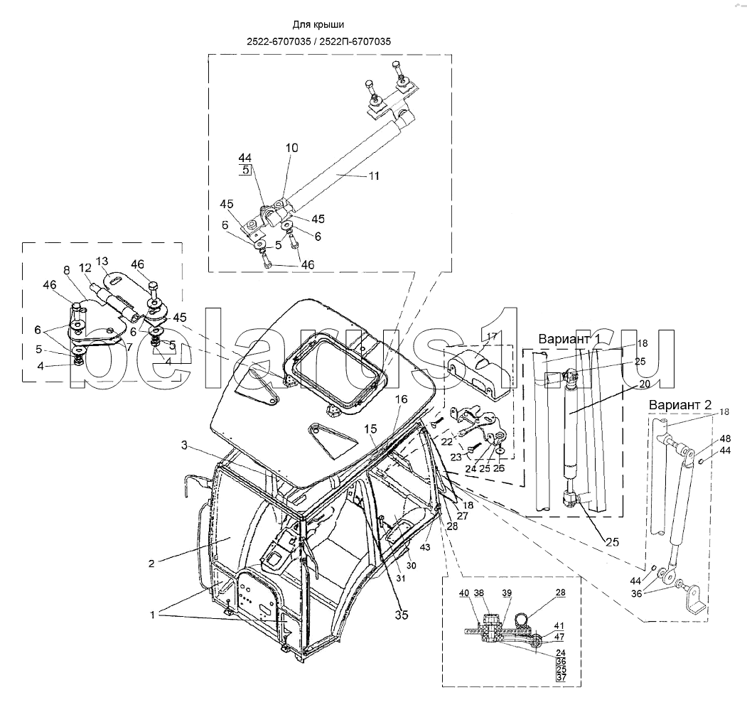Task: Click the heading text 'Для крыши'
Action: coord(318,25)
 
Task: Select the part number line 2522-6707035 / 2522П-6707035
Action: coord(318,41)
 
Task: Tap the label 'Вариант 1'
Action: coord(569,339)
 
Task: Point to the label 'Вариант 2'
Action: coord(679,405)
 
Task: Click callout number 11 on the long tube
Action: coord(374,176)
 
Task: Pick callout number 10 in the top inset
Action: coord(291,148)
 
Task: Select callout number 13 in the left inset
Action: coord(102,261)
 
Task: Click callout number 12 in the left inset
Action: coord(85,268)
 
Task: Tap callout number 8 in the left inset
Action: coord(67,270)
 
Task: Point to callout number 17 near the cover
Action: coord(492,336)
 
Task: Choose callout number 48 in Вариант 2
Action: coord(724,438)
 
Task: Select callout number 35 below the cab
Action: coord(402,615)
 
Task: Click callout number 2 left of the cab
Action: coord(151,564)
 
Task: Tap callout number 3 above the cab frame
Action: coord(184,446)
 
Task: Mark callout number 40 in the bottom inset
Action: coord(464,593)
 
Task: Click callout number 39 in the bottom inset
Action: coord(507,593)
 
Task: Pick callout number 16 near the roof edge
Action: coord(402,399)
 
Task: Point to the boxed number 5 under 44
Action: coord(245,169)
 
